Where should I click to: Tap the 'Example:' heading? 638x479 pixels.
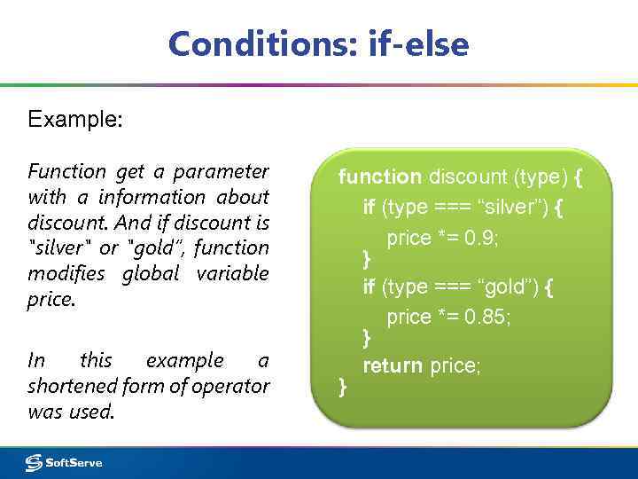tap(75, 119)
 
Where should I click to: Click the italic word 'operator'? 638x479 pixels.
tap(233, 386)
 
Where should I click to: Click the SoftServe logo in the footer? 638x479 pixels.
tap(65, 462)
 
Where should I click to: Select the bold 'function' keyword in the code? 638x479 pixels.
tap(380, 177)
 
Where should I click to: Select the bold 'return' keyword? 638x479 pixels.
tap(393, 365)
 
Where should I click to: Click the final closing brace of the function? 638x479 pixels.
tap(344, 386)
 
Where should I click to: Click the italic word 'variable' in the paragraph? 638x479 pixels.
tap(232, 273)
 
